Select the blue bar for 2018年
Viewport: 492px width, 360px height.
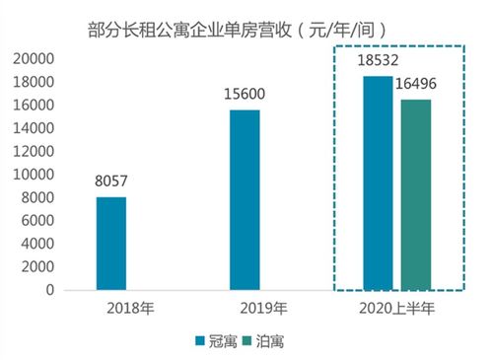[110, 244]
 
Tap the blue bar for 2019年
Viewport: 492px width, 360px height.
[245, 200]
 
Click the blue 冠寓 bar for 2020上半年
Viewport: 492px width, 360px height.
[378, 183]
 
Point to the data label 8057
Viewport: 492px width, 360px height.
[110, 183]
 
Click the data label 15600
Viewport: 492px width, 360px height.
[245, 96]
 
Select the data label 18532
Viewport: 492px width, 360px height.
[378, 61]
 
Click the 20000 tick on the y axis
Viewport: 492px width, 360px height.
[35, 58]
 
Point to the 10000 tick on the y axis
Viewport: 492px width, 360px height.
[35, 175]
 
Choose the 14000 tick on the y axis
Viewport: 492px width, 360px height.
[35, 128]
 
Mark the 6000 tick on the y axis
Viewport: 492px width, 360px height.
[39, 221]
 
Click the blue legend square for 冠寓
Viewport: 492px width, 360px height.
[199, 340]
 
